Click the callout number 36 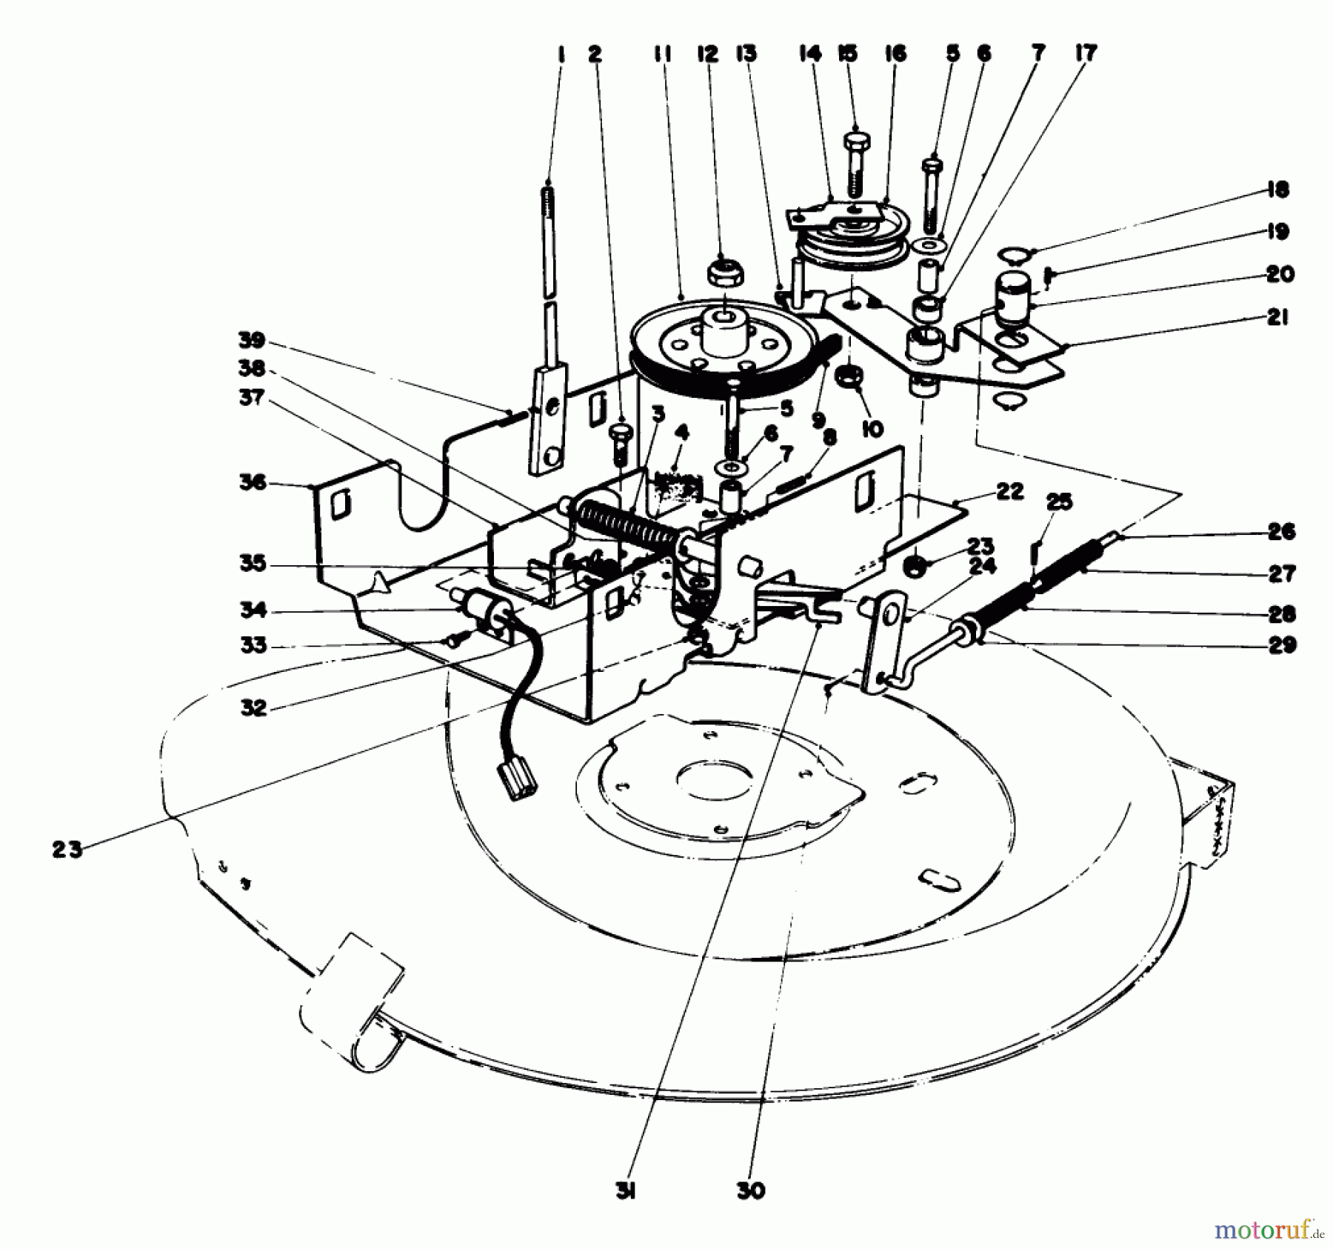coord(252,482)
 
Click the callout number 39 coord(252,341)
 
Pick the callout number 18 coord(1277,190)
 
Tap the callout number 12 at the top coord(707,53)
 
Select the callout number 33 coord(253,645)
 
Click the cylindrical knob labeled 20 coord(1012,293)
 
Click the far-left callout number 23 coord(67,850)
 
